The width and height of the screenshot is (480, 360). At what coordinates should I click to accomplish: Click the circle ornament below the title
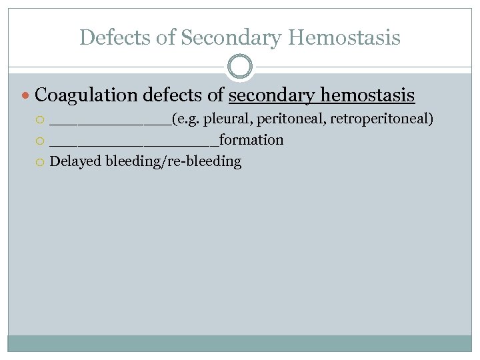[240, 67]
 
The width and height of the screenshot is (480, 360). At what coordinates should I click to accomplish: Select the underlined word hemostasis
[368, 96]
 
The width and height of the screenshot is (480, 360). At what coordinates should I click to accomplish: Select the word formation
[251, 140]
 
